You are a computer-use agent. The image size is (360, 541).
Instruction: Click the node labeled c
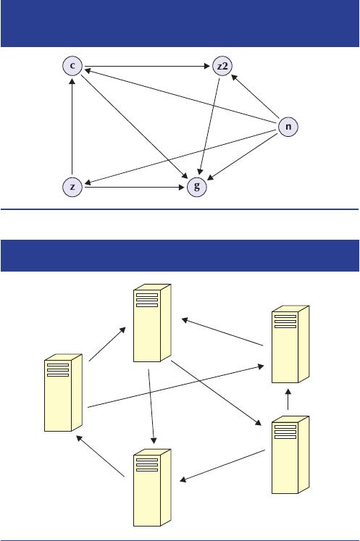click(72, 66)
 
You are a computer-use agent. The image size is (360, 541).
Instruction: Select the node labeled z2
click(222, 66)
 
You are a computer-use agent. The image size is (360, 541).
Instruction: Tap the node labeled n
click(288, 127)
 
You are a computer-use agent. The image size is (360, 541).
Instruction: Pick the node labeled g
click(197, 187)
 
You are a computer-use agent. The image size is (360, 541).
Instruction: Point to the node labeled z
click(72, 187)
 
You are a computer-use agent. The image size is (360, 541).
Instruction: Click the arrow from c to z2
click(147, 66)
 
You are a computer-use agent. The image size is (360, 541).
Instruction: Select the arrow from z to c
click(72, 127)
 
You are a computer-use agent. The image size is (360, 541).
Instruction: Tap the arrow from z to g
click(135, 188)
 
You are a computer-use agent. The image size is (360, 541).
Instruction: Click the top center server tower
click(152, 323)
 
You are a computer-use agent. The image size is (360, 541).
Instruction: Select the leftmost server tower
click(63, 393)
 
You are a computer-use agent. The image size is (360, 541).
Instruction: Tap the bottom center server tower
click(152, 487)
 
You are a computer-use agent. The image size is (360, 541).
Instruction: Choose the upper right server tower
click(290, 344)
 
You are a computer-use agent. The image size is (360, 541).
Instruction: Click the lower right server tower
click(290, 455)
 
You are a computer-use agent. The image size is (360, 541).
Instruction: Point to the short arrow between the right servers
click(288, 399)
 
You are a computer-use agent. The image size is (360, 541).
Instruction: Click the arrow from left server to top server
click(107, 344)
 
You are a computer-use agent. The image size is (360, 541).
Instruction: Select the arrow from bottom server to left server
click(100, 456)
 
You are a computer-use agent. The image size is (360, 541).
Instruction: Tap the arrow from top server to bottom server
click(151, 406)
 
